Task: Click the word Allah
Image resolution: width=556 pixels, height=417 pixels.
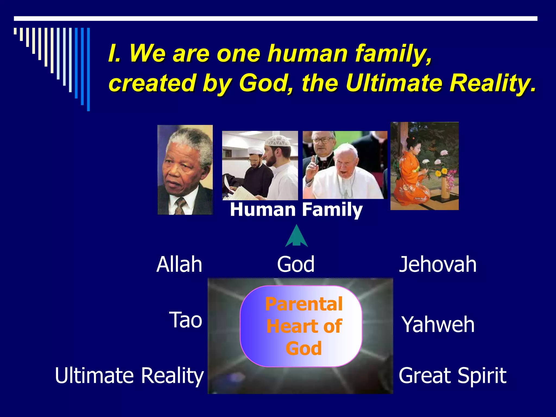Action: [x=179, y=264]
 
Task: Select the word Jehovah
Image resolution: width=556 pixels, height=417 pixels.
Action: [x=438, y=264]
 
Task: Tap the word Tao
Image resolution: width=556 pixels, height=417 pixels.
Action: [x=186, y=320]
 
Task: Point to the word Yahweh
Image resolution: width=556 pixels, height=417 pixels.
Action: [x=438, y=325]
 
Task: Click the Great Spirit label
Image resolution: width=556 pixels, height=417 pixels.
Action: [x=452, y=376]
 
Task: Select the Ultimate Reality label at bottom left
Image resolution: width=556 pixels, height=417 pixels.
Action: [x=129, y=376]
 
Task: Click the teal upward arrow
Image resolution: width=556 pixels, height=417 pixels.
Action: [x=296, y=236]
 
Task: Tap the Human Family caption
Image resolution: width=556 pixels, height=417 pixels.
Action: [x=296, y=210]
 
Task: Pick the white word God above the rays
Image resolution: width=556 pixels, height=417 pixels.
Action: [x=296, y=264]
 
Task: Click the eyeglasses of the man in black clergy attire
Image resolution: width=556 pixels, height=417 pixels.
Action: [x=323, y=141]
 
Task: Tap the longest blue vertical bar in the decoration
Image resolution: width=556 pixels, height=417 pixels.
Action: [x=88, y=69]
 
